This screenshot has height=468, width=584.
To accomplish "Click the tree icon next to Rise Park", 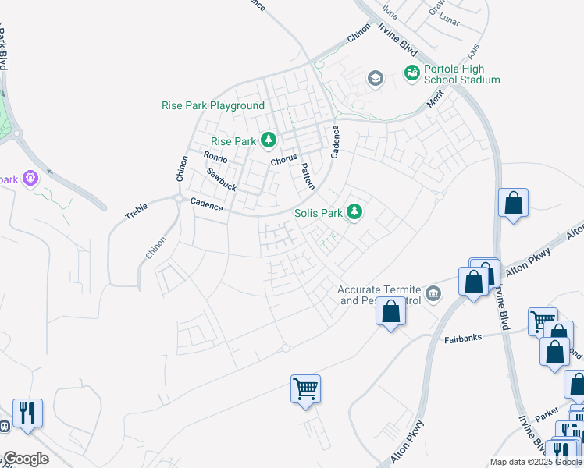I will pyautogui.click(x=269, y=140).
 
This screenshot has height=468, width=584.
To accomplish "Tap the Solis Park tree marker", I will pyautogui.click(x=355, y=212).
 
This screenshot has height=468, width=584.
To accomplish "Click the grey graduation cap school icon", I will pyautogui.click(x=376, y=78).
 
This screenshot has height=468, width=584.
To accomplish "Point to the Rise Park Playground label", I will pyautogui.click(x=213, y=105).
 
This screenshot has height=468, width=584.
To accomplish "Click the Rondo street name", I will pyautogui.click(x=215, y=157).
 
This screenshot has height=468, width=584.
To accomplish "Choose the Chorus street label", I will pyautogui.click(x=284, y=161).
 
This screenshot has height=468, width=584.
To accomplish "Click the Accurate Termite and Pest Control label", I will pyautogui.click(x=379, y=294).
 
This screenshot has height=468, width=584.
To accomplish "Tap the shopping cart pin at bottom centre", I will pyautogui.click(x=305, y=388).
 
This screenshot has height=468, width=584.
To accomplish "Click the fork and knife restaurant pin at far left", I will pyautogui.click(x=27, y=413).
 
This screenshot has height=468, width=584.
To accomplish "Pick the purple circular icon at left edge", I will pyautogui.click(x=30, y=179).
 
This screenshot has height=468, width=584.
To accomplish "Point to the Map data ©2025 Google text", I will pyautogui.click(x=535, y=462).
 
